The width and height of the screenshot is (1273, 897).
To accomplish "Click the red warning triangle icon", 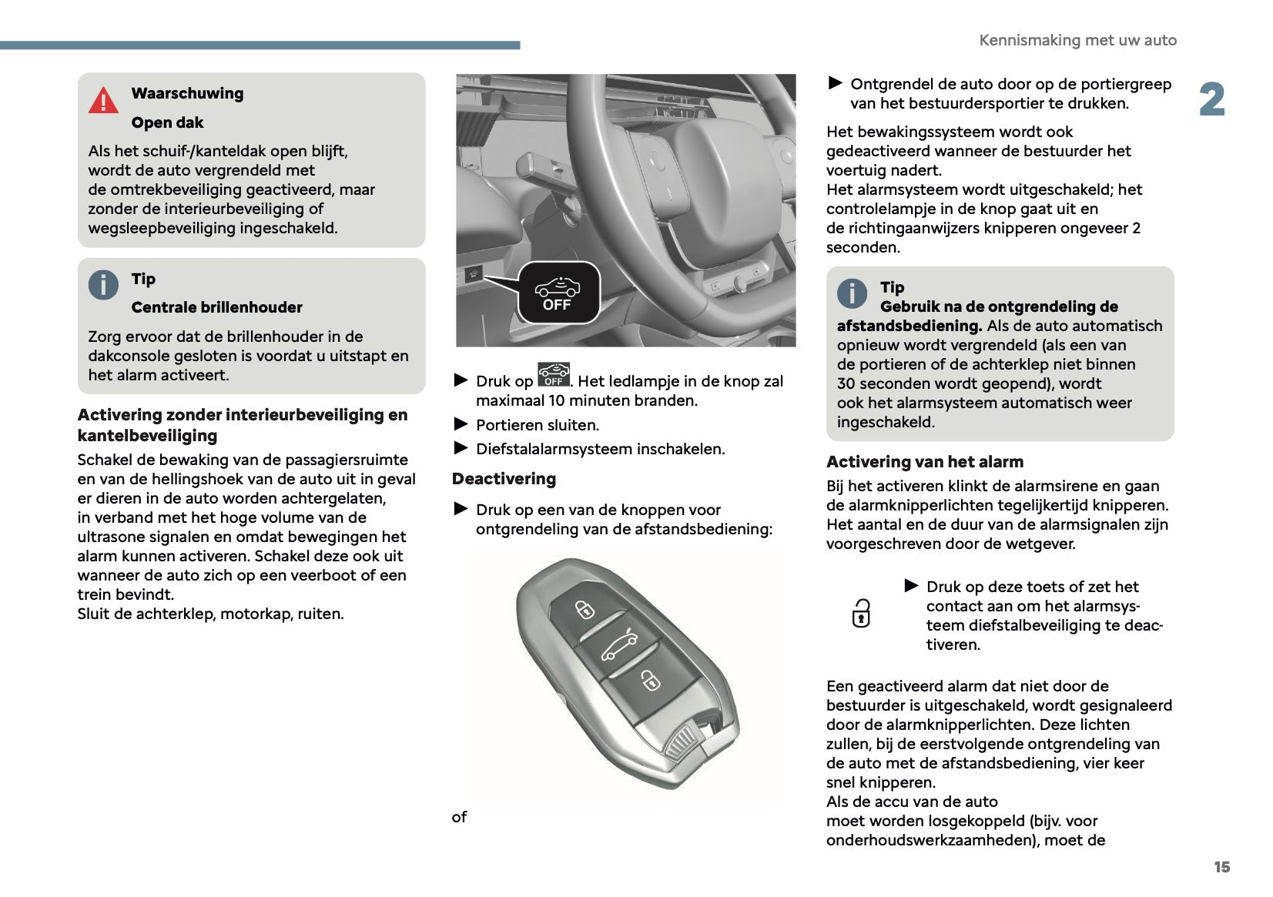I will [103, 100].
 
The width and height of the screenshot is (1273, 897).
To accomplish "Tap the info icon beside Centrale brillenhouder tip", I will [103, 285].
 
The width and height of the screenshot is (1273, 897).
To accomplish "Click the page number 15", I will [1221, 867].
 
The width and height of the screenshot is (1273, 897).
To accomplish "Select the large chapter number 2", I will [1211, 100].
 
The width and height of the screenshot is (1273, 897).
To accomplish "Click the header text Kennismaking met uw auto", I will [1077, 40].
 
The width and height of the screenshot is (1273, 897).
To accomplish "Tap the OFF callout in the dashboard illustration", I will [558, 293].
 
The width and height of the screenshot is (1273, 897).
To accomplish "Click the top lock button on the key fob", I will [585, 610].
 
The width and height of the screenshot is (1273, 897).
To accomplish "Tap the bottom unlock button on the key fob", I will [650, 680].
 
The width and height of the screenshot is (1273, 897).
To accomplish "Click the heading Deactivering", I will [504, 479].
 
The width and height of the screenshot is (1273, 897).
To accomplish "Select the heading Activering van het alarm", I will [924, 462].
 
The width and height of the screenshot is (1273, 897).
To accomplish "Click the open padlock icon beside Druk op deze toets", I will [861, 614].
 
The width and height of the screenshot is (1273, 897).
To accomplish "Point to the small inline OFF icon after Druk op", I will [554, 374].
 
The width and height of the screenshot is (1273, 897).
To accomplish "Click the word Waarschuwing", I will [187, 93].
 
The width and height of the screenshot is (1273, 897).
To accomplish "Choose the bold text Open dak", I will [167, 122].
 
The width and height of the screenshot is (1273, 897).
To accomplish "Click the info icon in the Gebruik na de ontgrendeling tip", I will [852, 293].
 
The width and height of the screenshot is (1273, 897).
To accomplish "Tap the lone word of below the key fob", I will [459, 817].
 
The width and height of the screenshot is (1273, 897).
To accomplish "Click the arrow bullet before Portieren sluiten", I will [461, 424].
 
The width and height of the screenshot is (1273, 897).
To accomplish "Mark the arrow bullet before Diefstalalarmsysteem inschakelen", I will [461, 448].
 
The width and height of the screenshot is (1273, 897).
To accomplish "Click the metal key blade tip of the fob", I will [682, 745].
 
